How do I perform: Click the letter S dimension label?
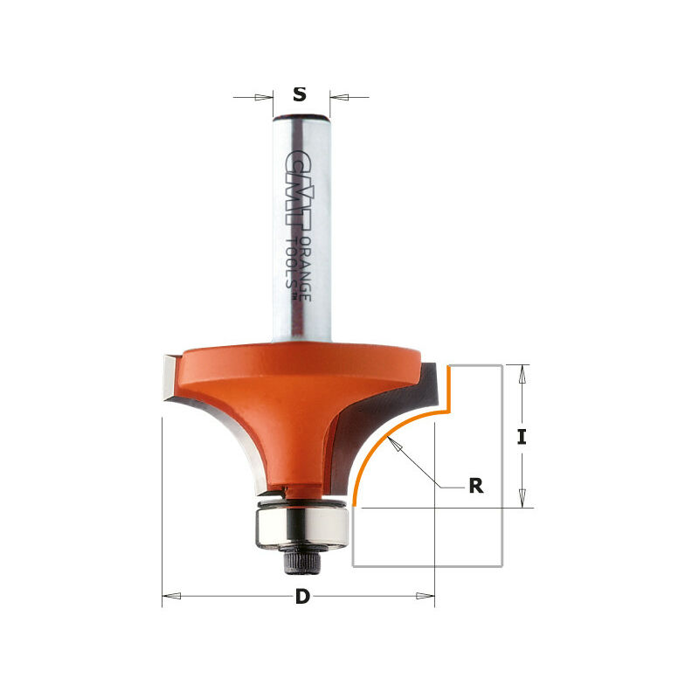click(x=300, y=95)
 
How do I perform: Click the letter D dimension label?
click(x=302, y=598)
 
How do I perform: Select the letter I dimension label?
click(x=522, y=437)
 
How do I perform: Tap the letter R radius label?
click(x=475, y=487)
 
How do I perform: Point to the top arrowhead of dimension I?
click(x=522, y=375)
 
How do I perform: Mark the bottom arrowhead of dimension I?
click(x=522, y=498)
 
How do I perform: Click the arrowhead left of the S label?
click(x=264, y=96)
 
